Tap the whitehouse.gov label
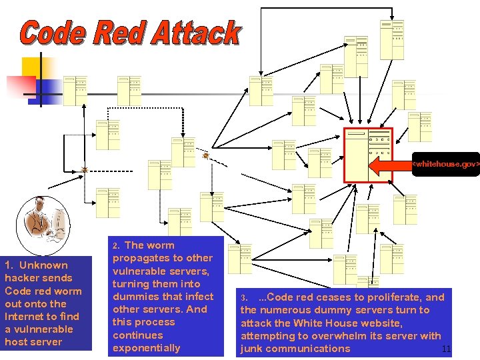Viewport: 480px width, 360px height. [445, 163]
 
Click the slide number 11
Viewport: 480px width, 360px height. [447, 349]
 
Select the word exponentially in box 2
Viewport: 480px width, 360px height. [146, 347]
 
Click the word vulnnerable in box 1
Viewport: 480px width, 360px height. [39, 329]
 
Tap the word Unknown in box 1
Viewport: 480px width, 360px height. [45, 265]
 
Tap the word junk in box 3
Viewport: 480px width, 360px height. [251, 348]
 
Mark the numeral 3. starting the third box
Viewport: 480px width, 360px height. [244, 298]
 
